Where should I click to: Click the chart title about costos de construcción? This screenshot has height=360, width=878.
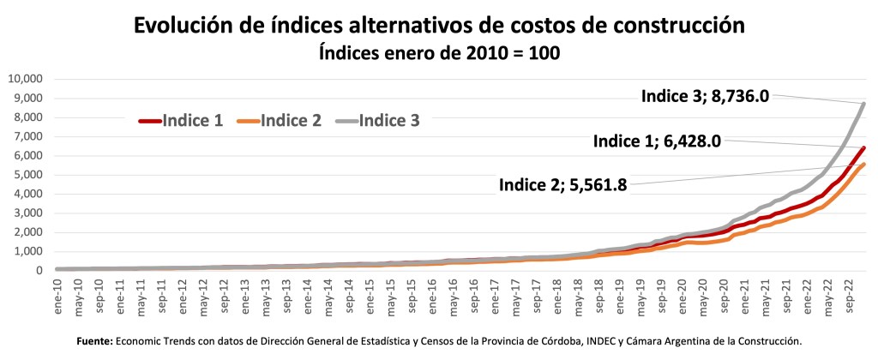point(438,26)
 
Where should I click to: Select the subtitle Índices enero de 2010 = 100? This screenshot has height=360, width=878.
point(438,53)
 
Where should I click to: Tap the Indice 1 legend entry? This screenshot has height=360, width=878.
point(181,121)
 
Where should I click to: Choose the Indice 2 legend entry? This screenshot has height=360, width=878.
point(280,121)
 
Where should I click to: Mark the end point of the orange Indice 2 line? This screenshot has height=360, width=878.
point(864,165)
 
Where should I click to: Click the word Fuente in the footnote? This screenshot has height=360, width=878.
point(93,341)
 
